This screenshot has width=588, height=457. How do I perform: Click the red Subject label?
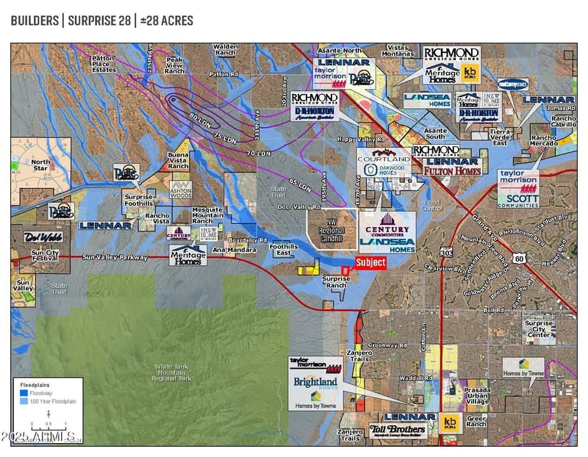tap(370, 262)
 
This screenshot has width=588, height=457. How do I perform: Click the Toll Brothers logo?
tap(398, 429)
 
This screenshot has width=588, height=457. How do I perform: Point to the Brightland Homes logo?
tap(315, 383)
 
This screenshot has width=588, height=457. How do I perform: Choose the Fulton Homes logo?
tap(451, 170)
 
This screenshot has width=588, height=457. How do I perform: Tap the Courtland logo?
tap(384, 156)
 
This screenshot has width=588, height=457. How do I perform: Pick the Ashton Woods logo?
tap(181, 190)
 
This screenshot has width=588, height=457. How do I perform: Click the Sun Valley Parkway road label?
tap(115, 257)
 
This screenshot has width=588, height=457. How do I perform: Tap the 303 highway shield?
tap(447, 252)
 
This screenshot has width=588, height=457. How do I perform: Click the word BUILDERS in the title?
tap(34, 20)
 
